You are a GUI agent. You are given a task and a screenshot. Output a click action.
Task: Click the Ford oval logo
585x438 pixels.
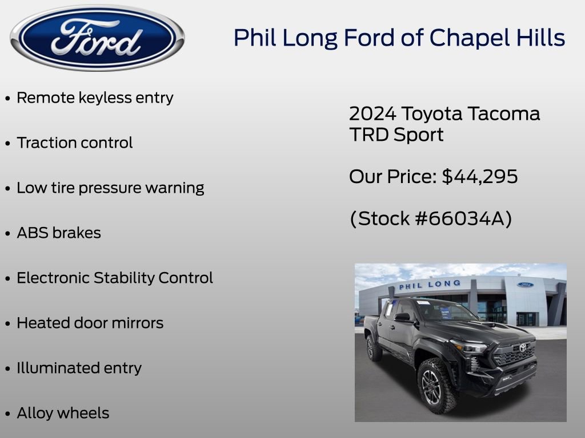tap(97, 38)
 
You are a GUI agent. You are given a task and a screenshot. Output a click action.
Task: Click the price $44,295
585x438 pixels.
tap(480, 177)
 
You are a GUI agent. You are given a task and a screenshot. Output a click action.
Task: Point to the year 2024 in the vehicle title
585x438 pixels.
tap(372, 113)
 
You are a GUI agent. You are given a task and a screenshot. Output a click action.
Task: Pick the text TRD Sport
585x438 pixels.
tap(396, 135)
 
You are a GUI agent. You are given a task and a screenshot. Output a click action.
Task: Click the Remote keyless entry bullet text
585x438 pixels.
tap(95, 98)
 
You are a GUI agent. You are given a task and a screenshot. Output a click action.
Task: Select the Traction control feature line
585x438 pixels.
tap(74, 143)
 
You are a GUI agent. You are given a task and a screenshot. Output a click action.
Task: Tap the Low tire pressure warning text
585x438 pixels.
tap(110, 188)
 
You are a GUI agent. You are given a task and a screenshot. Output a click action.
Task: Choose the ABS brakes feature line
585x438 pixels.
tap(59, 233)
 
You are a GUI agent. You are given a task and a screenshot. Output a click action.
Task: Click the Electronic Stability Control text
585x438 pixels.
tap(115, 278)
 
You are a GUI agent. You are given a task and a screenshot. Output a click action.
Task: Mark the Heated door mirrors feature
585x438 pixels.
tap(90, 323)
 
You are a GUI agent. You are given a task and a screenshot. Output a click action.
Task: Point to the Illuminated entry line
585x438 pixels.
tap(79, 368)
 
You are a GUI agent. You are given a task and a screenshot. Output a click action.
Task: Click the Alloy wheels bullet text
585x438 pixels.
tap(63, 413)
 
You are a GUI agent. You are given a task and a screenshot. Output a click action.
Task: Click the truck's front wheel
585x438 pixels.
tap(432, 387)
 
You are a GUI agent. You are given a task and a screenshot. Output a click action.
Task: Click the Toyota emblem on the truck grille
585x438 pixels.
tap(522, 347)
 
